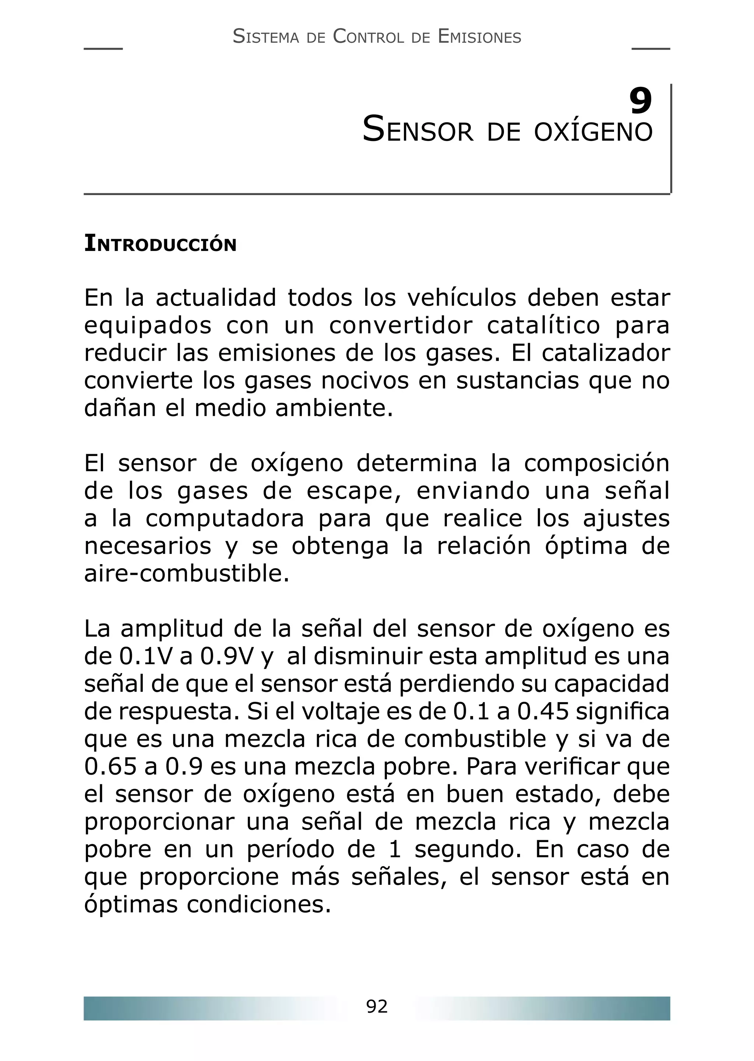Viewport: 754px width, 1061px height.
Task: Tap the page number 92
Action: pos(377,1006)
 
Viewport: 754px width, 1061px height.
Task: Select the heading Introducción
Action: pos(160,244)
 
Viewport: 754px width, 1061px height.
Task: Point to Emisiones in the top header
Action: pos(479,37)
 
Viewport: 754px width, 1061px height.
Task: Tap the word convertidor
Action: pos(401,325)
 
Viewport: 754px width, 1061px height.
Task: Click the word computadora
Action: pos(225,519)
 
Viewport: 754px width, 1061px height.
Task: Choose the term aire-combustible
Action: pos(187,574)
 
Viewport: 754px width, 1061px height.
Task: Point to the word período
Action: pos(290,849)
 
